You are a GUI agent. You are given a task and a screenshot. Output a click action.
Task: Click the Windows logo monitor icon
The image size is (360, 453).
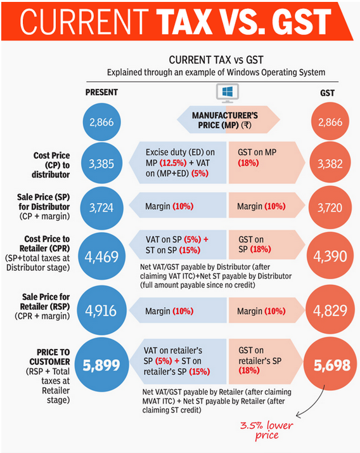[x=228, y=93]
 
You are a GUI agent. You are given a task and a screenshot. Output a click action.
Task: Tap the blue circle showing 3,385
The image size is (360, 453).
[x=101, y=163]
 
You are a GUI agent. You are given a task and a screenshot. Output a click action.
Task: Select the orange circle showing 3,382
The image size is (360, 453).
[x=330, y=163]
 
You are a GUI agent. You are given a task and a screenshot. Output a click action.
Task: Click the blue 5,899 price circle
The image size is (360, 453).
[x=101, y=365]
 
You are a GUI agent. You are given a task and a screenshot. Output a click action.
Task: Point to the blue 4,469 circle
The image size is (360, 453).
[x=101, y=256]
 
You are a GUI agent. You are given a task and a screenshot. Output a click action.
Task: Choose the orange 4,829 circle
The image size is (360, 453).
[x=330, y=310]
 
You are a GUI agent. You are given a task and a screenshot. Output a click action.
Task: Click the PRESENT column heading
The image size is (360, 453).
[x=101, y=93]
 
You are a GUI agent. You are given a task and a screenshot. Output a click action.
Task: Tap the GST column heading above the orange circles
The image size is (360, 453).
[x=328, y=93]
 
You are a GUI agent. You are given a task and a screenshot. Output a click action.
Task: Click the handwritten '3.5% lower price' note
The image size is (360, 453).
[x=266, y=430]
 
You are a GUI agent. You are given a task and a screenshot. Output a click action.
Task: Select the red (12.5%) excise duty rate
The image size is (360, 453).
[x=173, y=163]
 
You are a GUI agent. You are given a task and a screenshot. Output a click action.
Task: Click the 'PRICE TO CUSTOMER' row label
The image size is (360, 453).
[x=49, y=357]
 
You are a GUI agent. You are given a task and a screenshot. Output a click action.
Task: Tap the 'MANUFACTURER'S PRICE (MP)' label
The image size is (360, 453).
[x=225, y=120]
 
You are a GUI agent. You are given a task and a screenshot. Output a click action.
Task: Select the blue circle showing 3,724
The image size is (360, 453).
[x=101, y=207]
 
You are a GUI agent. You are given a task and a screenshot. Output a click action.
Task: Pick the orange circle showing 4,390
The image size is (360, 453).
[x=330, y=256]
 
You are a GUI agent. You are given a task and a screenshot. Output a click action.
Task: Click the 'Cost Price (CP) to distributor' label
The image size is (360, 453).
[x=51, y=165]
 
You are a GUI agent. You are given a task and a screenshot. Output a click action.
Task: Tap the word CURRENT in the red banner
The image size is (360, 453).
[x=84, y=21]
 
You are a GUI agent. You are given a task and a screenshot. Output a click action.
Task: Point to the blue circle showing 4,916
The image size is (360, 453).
[x=101, y=311]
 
